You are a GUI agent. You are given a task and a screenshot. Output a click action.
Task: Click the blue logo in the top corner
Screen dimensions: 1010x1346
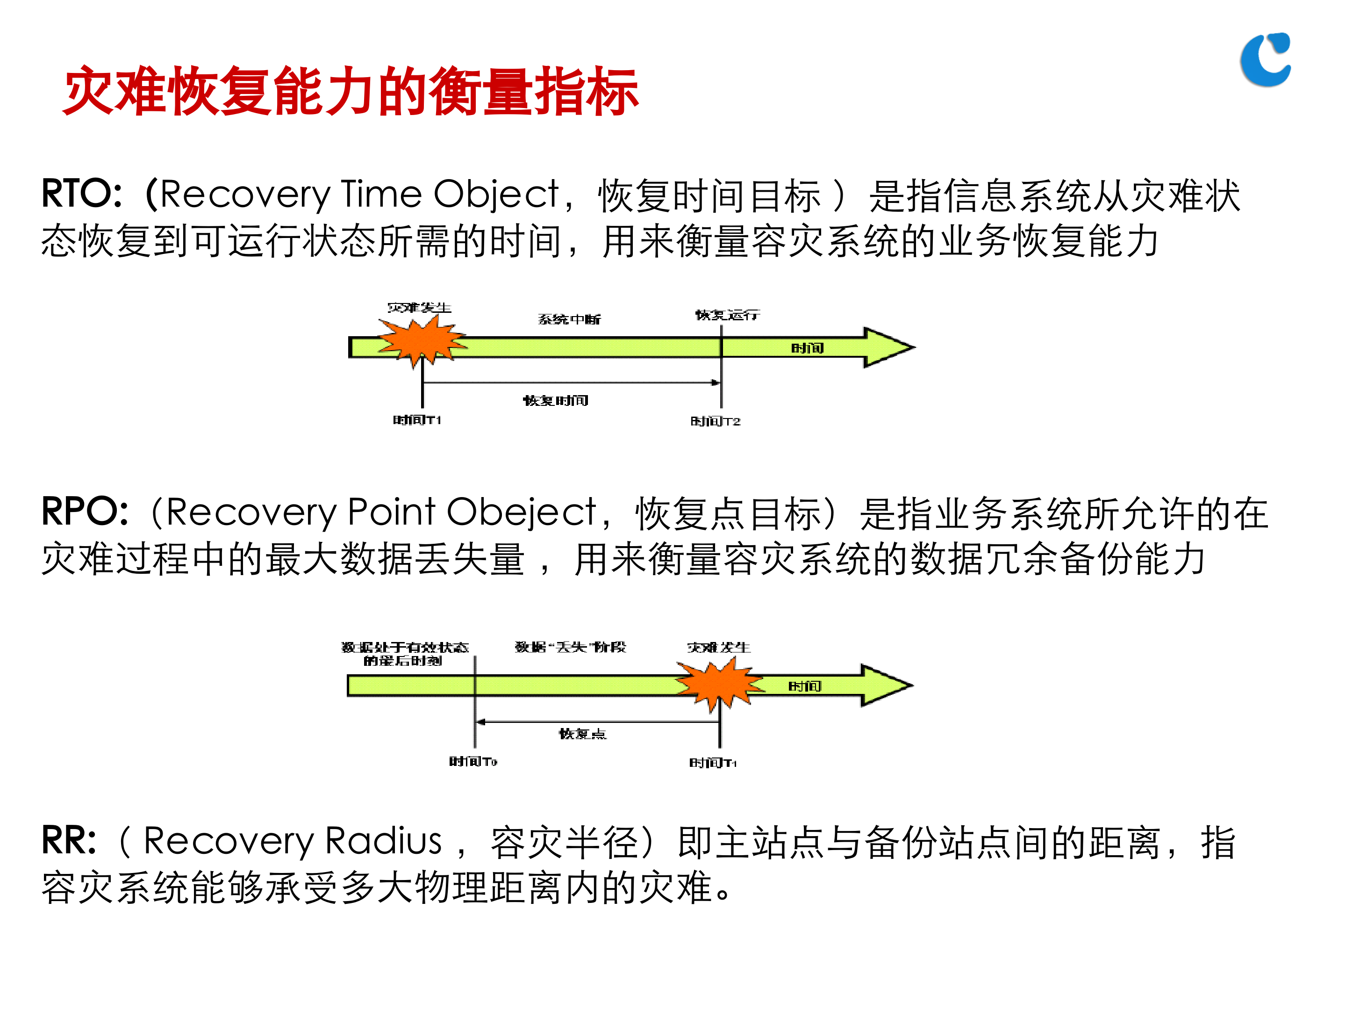(1266, 60)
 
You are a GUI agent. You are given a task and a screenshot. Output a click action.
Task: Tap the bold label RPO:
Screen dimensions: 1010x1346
(85, 512)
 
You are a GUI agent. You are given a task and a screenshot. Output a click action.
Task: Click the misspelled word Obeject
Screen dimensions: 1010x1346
(522, 512)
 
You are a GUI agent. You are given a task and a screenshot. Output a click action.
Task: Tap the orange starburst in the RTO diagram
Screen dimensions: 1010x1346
(422, 342)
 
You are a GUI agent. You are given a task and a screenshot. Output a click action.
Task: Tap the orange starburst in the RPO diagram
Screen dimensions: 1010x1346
(719, 683)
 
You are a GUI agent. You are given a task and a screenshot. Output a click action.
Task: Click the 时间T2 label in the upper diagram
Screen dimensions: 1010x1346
(716, 421)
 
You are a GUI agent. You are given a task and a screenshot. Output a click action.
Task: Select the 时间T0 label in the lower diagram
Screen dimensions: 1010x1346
(473, 762)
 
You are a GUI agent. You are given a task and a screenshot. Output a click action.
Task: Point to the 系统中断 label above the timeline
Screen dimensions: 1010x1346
(569, 319)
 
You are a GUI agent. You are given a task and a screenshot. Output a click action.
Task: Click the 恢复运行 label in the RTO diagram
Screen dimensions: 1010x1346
(727, 315)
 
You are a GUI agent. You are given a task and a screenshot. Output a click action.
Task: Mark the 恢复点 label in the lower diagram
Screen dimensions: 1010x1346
(582, 734)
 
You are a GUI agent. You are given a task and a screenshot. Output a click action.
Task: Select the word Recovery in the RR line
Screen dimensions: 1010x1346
(228, 842)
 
